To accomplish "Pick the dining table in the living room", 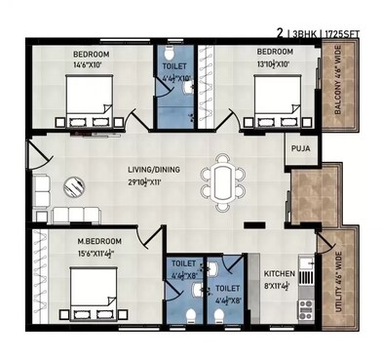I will click(223, 182).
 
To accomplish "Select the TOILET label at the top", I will click(176, 65).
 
